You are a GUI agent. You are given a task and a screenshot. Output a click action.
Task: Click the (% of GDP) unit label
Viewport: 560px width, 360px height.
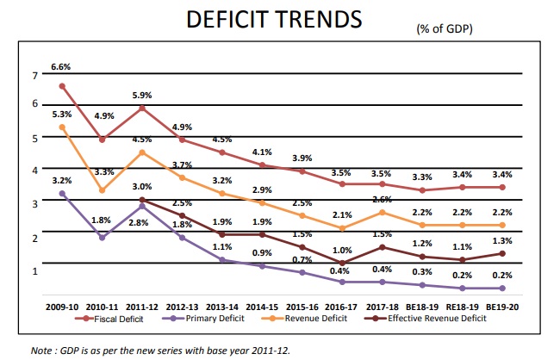coord(445,29)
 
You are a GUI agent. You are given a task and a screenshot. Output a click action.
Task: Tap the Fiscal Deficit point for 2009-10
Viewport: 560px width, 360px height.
coord(62,85)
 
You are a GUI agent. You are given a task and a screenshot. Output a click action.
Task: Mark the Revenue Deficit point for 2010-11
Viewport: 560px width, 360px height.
coord(102,190)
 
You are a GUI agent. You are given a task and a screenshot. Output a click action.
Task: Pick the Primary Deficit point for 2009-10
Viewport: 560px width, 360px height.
coord(62,194)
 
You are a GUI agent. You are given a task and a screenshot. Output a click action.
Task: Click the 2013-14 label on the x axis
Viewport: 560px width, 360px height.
coord(221,305)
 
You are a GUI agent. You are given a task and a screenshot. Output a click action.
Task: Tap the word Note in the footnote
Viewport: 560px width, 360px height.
coord(41,350)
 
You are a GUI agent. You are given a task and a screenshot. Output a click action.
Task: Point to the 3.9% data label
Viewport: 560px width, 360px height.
coord(302,158)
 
